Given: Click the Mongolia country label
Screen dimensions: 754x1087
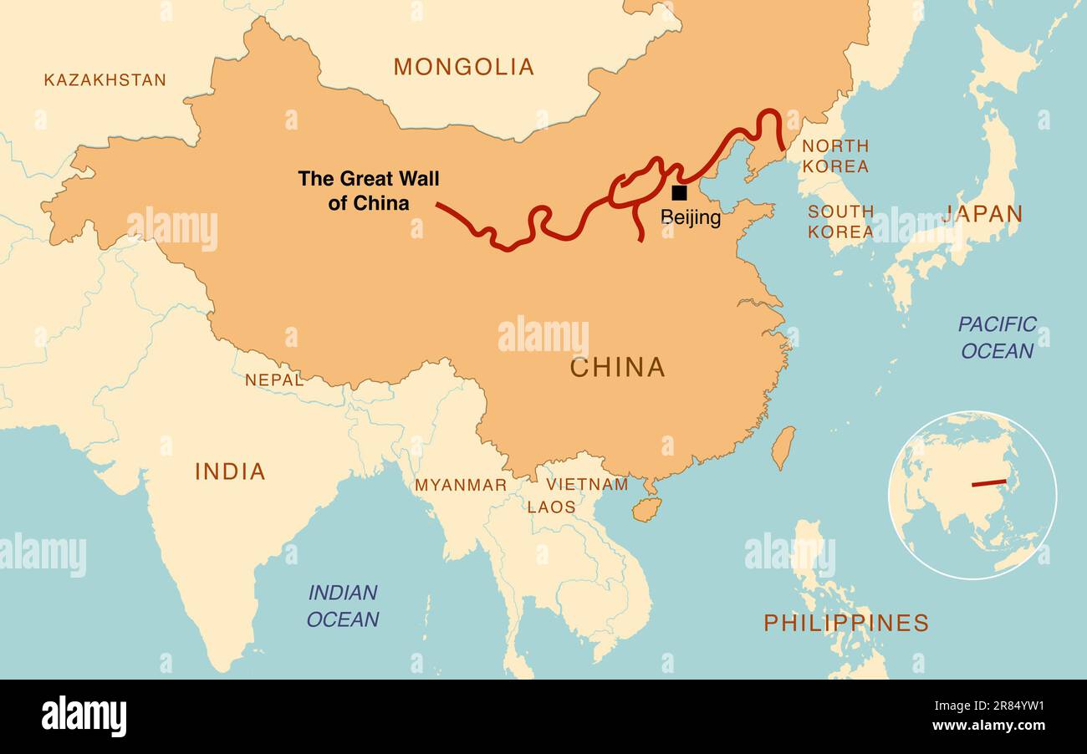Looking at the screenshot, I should (463, 67).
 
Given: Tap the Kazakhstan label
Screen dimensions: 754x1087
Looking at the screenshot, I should (105, 80).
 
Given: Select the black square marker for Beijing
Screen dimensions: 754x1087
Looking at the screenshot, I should (679, 193).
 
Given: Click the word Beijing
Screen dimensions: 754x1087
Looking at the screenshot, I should (691, 218).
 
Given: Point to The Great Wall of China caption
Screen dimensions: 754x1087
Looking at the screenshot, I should (368, 191).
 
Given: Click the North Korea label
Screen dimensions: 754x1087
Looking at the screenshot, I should (835, 156).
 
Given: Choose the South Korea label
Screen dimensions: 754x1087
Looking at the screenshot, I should (840, 222).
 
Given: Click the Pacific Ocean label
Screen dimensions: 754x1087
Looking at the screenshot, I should (997, 337).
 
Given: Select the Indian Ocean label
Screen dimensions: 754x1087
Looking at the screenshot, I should (343, 606).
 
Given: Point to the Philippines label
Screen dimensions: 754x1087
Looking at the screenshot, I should (845, 623).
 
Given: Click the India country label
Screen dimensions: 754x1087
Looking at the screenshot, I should (230, 471).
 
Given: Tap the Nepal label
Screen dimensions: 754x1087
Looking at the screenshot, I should (273, 380).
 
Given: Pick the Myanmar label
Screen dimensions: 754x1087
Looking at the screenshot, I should (461, 485).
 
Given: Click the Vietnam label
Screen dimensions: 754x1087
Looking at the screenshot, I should (587, 484).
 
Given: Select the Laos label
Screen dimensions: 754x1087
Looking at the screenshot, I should (551, 507).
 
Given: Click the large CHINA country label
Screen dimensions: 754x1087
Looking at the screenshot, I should (617, 367).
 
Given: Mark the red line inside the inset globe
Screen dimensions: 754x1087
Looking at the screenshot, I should (988, 483).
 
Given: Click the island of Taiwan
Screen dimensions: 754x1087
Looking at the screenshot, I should (782, 447).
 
